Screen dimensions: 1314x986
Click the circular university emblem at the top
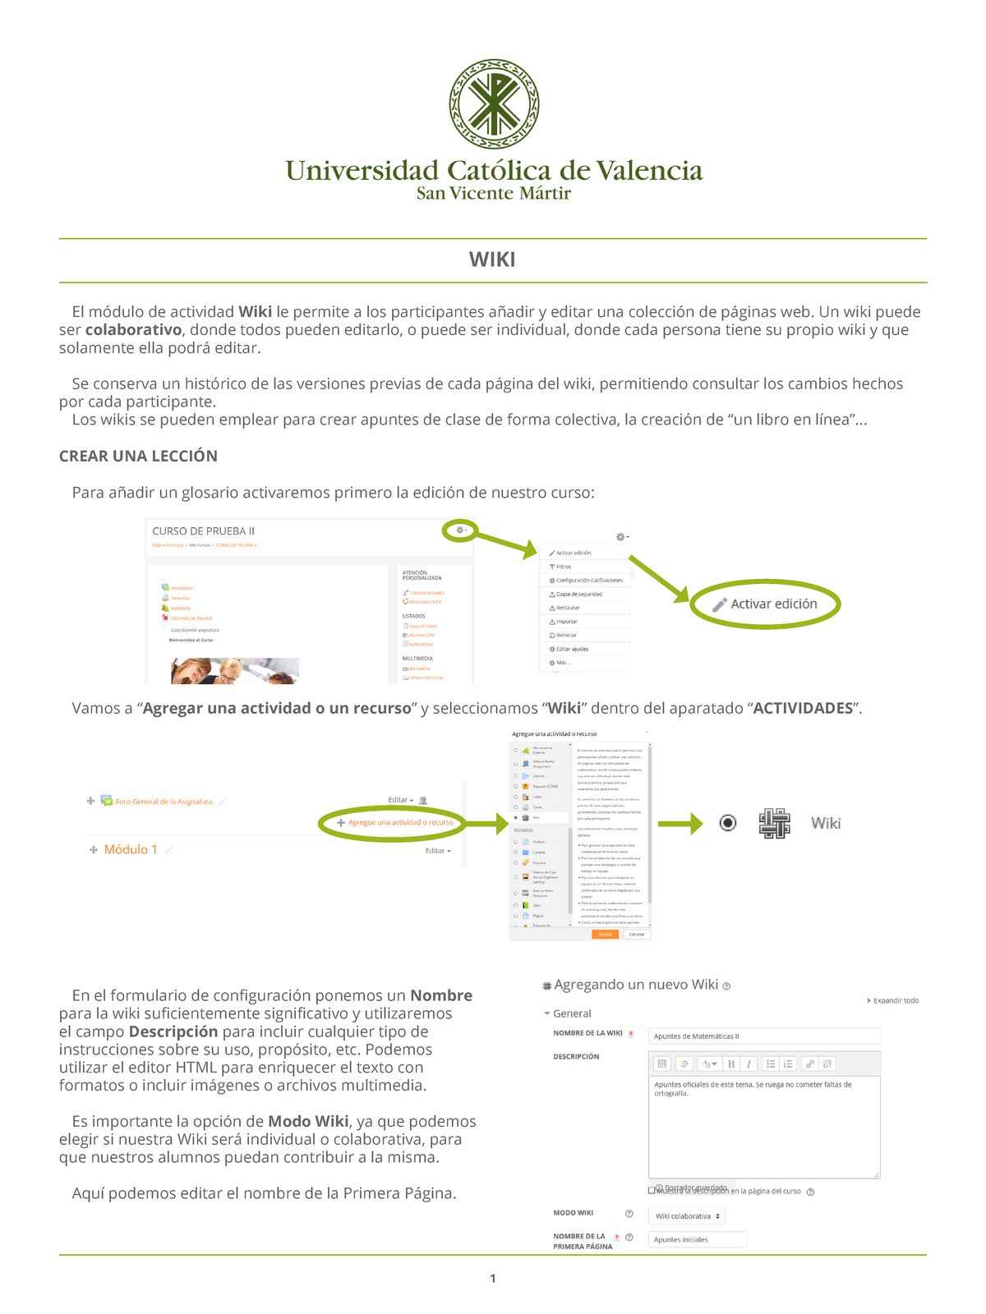tap(494, 104)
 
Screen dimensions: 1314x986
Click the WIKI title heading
tap(492, 260)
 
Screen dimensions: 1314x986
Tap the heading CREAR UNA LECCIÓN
tap(138, 456)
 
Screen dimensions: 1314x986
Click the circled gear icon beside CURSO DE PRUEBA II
tap(460, 531)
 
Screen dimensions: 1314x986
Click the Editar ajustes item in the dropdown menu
tap(572, 649)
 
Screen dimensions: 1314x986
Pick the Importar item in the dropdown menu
tap(567, 622)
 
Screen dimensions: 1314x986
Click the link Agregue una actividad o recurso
tap(400, 822)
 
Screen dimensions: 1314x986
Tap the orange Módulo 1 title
tap(130, 849)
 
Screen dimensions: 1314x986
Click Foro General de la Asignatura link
tap(164, 802)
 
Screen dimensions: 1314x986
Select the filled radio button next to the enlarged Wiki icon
tap(728, 823)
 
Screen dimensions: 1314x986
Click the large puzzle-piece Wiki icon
tap(774, 823)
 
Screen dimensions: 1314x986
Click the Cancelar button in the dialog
tap(637, 934)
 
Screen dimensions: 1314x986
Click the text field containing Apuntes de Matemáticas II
tap(763, 1036)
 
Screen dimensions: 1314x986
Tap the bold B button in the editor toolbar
tap(731, 1064)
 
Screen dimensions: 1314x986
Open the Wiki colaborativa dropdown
tap(686, 1216)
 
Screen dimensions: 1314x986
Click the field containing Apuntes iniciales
tap(698, 1240)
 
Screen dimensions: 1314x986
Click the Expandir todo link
tap(894, 1000)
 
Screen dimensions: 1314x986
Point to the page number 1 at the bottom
tap(492, 1278)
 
